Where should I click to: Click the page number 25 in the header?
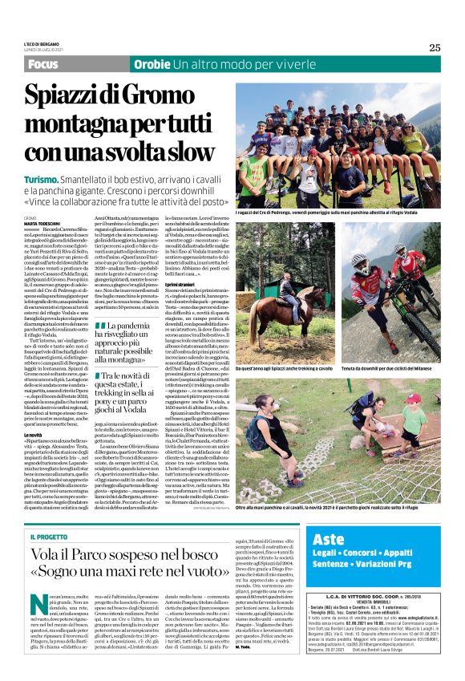[435, 47]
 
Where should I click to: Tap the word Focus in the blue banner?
[46, 63]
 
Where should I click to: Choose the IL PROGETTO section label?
[49, 514]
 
